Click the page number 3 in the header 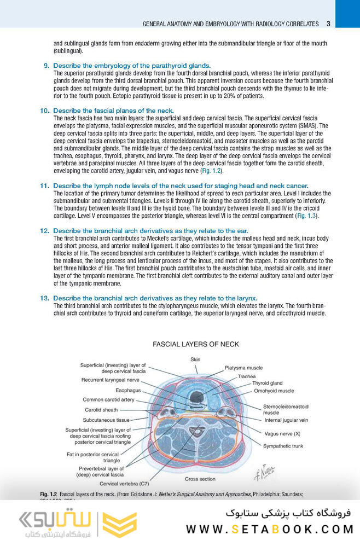point(328,24)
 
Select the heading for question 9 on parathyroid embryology point(131,66)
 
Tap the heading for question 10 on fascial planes point(113,111)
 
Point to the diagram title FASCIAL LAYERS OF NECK point(195,344)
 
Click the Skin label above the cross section point(195,359)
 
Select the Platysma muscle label point(243,368)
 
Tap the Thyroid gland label point(267,384)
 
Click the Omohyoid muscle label point(274,391)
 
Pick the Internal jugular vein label point(286,420)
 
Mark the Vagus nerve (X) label point(282,433)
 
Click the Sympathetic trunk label point(283,446)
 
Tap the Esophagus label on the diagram point(128,390)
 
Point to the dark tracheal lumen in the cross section point(196,396)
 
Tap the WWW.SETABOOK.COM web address point(269,529)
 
